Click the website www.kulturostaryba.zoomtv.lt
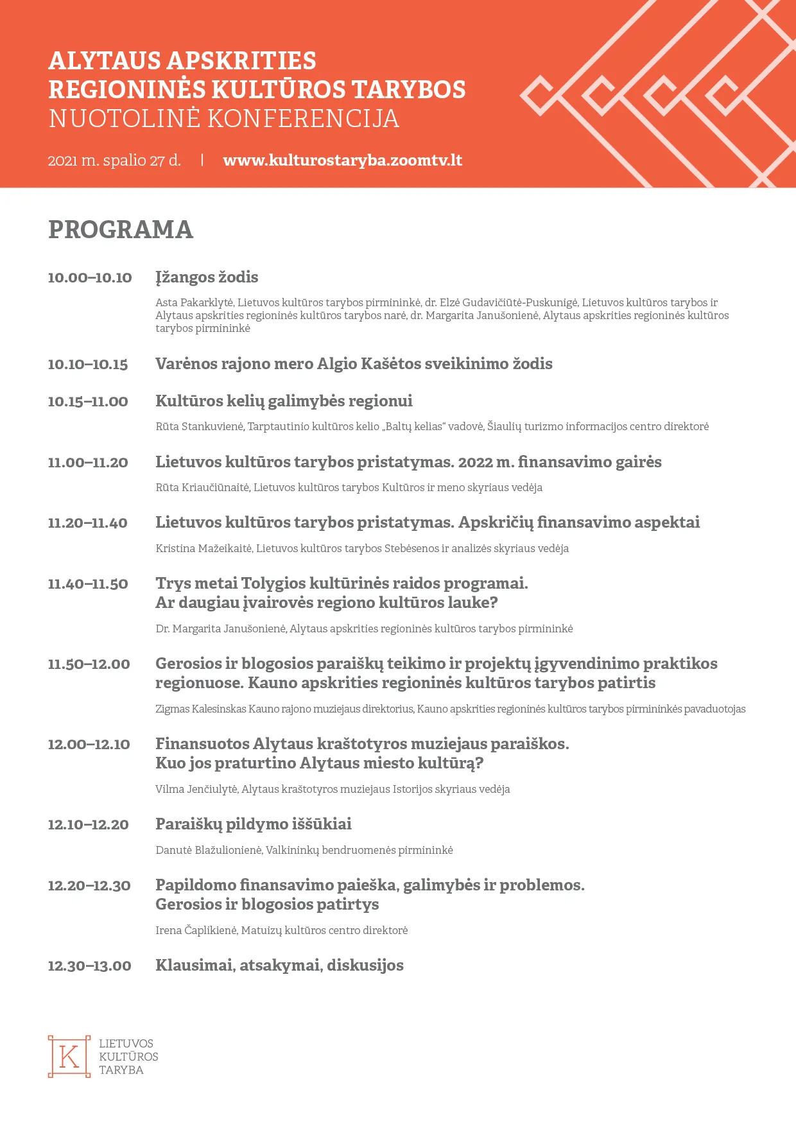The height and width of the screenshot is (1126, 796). [x=342, y=160]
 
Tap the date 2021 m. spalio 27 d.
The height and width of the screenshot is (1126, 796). [x=114, y=160]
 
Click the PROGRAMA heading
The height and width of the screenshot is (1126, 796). [x=121, y=230]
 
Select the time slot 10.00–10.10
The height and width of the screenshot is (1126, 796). [x=90, y=278]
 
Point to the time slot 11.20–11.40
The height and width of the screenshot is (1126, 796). [x=88, y=523]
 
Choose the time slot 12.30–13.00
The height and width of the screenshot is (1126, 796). [x=90, y=966]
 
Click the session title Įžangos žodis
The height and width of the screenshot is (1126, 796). [x=207, y=277]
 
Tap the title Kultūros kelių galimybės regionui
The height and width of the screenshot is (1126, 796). [x=284, y=401]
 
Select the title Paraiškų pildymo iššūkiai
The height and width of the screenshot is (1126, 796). [x=254, y=824]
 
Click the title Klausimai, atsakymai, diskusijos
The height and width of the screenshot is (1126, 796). [x=279, y=966]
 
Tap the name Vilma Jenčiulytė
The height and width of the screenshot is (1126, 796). [x=196, y=790]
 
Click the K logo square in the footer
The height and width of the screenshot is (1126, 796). [x=69, y=1057]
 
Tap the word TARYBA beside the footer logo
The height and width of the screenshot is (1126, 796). [x=121, y=1070]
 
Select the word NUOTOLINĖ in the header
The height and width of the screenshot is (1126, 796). [x=125, y=119]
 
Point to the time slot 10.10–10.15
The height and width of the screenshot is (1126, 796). [x=88, y=365]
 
